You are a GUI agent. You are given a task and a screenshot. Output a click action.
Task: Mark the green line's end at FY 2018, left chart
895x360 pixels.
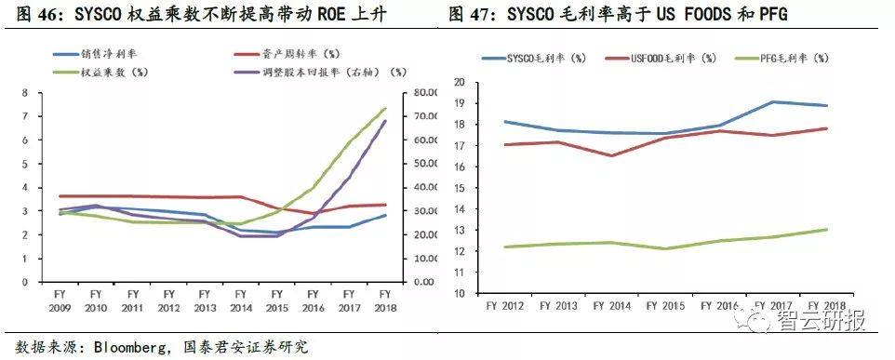click(384, 108)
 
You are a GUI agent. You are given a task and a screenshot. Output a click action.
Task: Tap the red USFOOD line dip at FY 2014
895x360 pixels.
click(612, 155)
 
